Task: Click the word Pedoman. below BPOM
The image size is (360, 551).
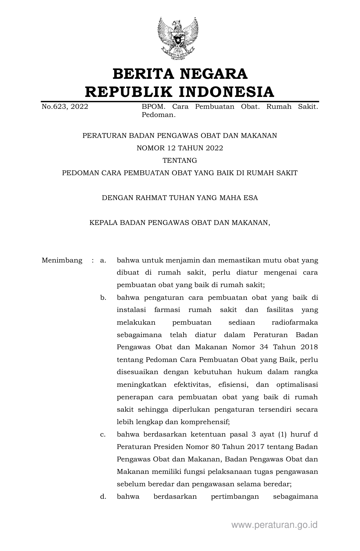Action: point(159,115)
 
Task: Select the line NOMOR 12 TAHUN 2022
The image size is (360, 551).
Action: point(180,148)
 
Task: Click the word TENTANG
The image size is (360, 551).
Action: point(180,160)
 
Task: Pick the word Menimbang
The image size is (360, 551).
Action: point(62,260)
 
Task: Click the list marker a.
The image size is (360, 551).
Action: point(103,260)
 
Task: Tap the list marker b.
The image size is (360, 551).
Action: point(103,298)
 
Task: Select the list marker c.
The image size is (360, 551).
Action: point(103,434)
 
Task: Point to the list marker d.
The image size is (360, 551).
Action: point(103,496)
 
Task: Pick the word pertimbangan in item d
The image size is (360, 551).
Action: point(235,496)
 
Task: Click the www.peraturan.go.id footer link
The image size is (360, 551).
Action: point(274,525)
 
